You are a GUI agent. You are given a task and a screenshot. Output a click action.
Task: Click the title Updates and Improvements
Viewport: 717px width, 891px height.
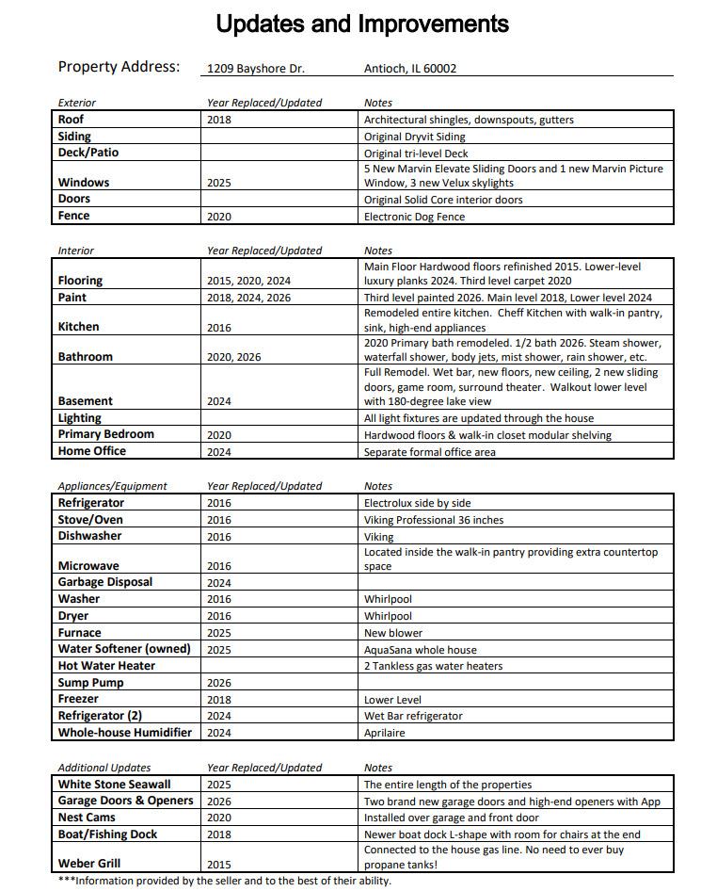tap(362, 24)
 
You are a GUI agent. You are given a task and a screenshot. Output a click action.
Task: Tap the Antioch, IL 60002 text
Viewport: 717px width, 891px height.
tap(410, 69)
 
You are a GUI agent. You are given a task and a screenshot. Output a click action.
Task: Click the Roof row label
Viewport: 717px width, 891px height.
tap(72, 120)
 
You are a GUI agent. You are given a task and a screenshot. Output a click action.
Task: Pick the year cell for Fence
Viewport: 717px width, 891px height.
tap(219, 217)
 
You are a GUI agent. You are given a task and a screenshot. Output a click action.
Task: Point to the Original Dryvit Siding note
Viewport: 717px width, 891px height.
tap(415, 137)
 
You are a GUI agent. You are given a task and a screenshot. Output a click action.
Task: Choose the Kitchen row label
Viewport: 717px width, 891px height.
tap(78, 327)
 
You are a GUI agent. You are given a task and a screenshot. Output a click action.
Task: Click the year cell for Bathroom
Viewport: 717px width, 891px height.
tap(234, 357)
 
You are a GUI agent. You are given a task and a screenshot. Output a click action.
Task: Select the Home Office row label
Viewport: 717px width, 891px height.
tap(92, 451)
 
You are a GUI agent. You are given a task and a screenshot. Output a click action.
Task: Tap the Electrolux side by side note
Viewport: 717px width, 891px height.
tap(417, 503)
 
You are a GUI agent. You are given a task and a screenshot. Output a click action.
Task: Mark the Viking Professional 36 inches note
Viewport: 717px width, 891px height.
tap(434, 520)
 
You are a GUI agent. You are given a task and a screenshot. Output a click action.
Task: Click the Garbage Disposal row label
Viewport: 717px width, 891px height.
tap(105, 582)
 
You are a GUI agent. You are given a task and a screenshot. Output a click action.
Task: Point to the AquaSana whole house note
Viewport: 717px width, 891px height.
tap(421, 650)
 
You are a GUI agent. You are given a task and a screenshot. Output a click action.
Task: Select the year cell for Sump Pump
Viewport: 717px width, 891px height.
tap(219, 683)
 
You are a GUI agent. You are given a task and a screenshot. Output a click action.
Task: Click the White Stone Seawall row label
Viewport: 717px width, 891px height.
tap(115, 785)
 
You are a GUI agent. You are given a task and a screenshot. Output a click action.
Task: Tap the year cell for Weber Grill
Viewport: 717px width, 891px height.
tap(219, 864)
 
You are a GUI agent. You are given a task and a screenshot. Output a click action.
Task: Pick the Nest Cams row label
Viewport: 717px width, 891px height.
tap(87, 818)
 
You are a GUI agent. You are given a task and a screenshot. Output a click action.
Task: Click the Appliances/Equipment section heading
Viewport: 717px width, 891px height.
tap(112, 486)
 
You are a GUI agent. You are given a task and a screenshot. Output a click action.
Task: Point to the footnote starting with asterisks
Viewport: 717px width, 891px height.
tap(224, 882)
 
